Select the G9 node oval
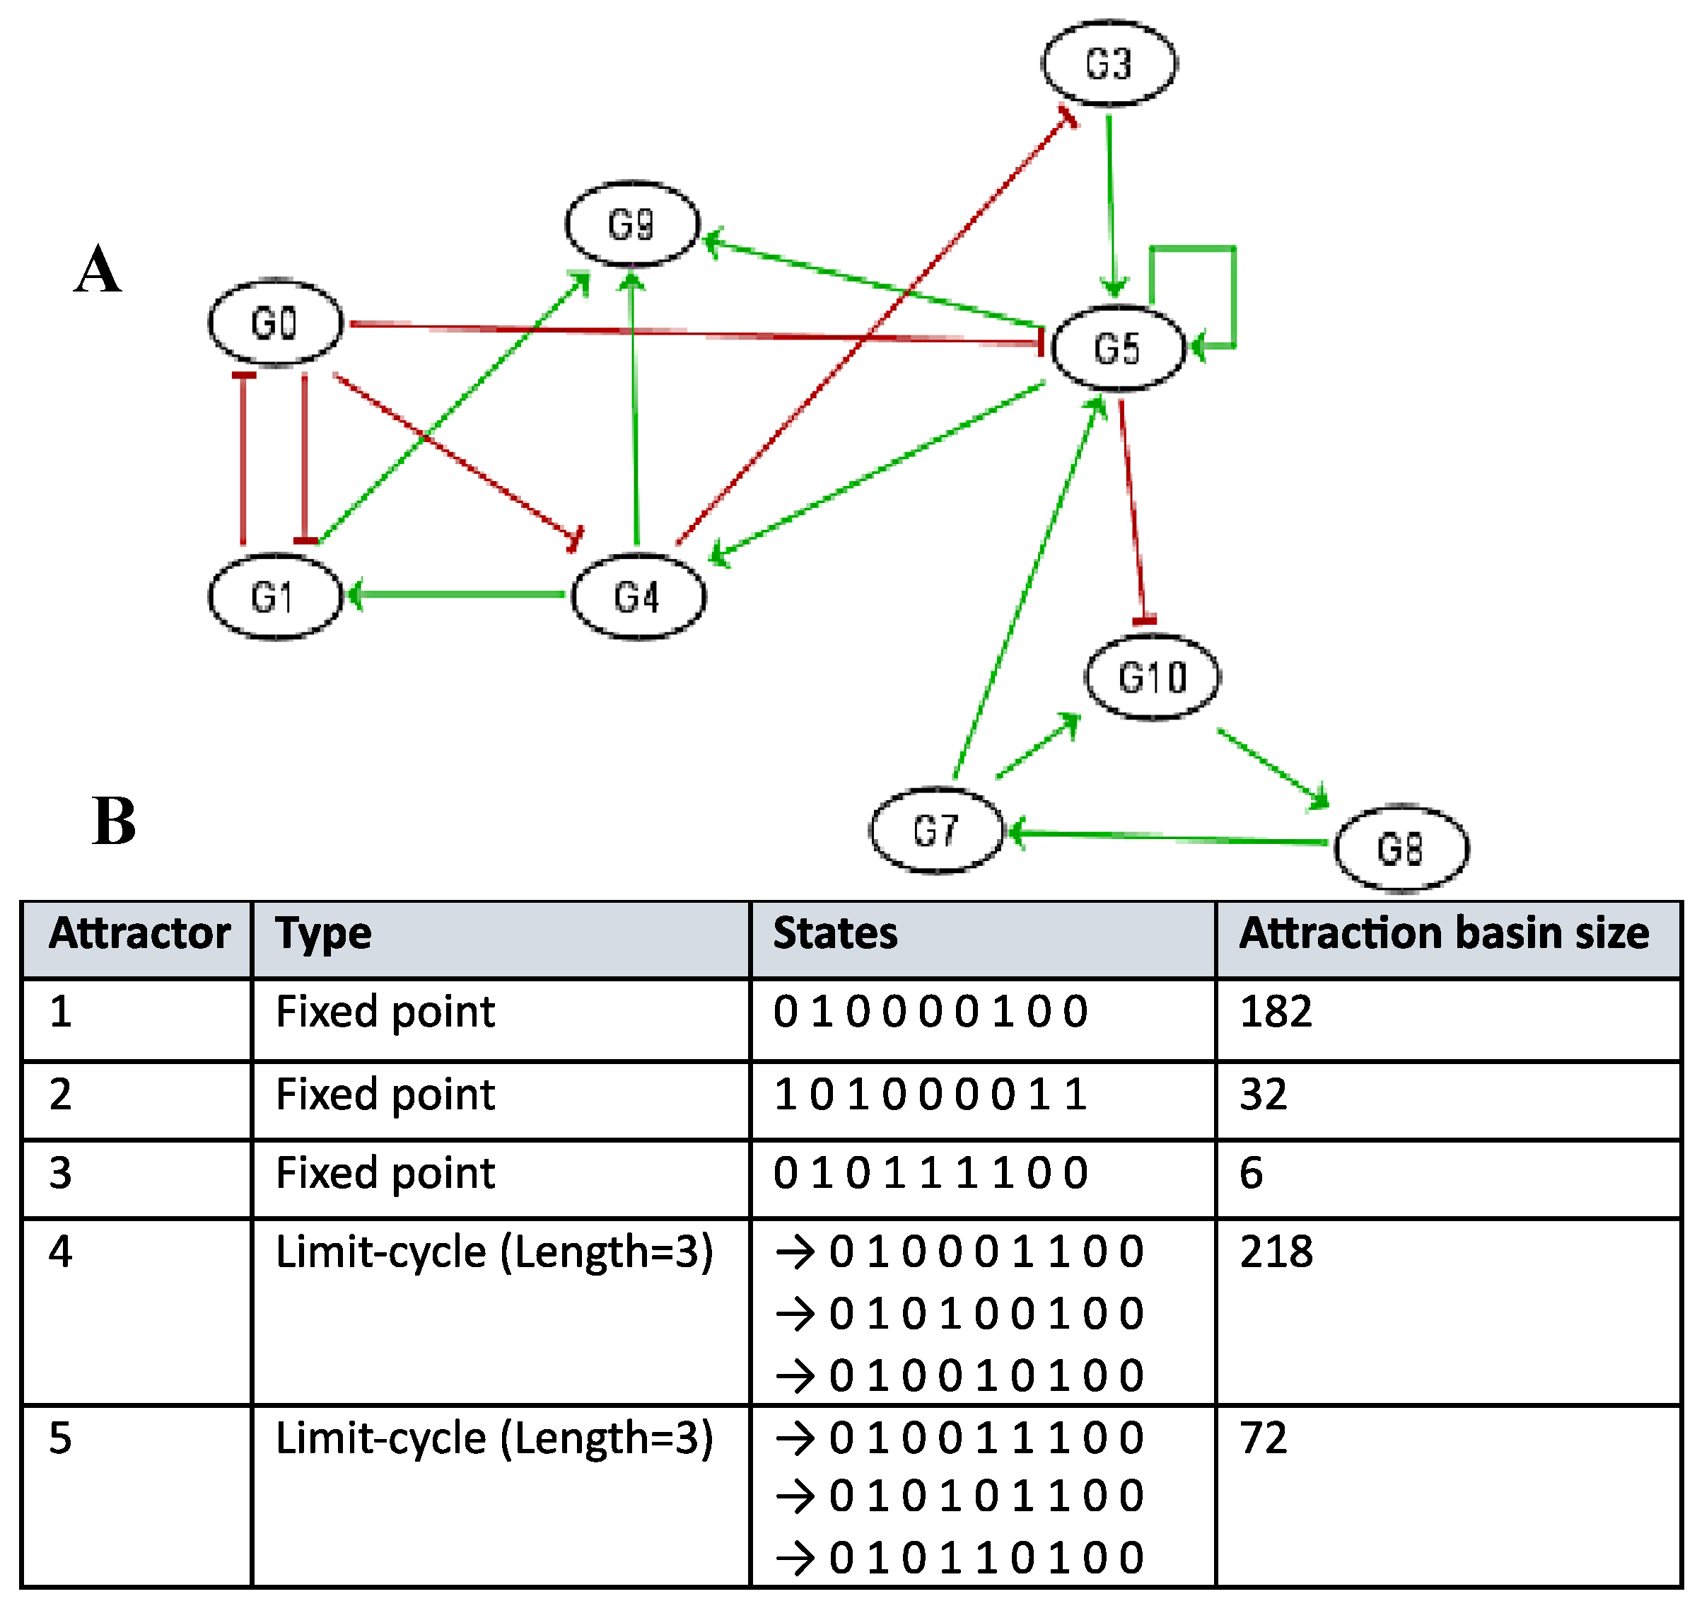[x=631, y=224]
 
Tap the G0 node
[x=276, y=323]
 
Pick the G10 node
[x=1152, y=677]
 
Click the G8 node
[x=1401, y=848]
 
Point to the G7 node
[x=935, y=831]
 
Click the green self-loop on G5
[x=1232, y=291]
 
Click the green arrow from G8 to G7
[x=1168, y=837]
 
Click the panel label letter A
[x=98, y=270]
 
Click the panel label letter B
[x=114, y=820]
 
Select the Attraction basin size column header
[x=1444, y=933]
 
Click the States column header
[x=834, y=933]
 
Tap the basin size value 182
[x=1275, y=1012]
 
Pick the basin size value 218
[x=1275, y=1252]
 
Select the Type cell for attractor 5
[x=494, y=1438]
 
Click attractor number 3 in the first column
[x=60, y=1173]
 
